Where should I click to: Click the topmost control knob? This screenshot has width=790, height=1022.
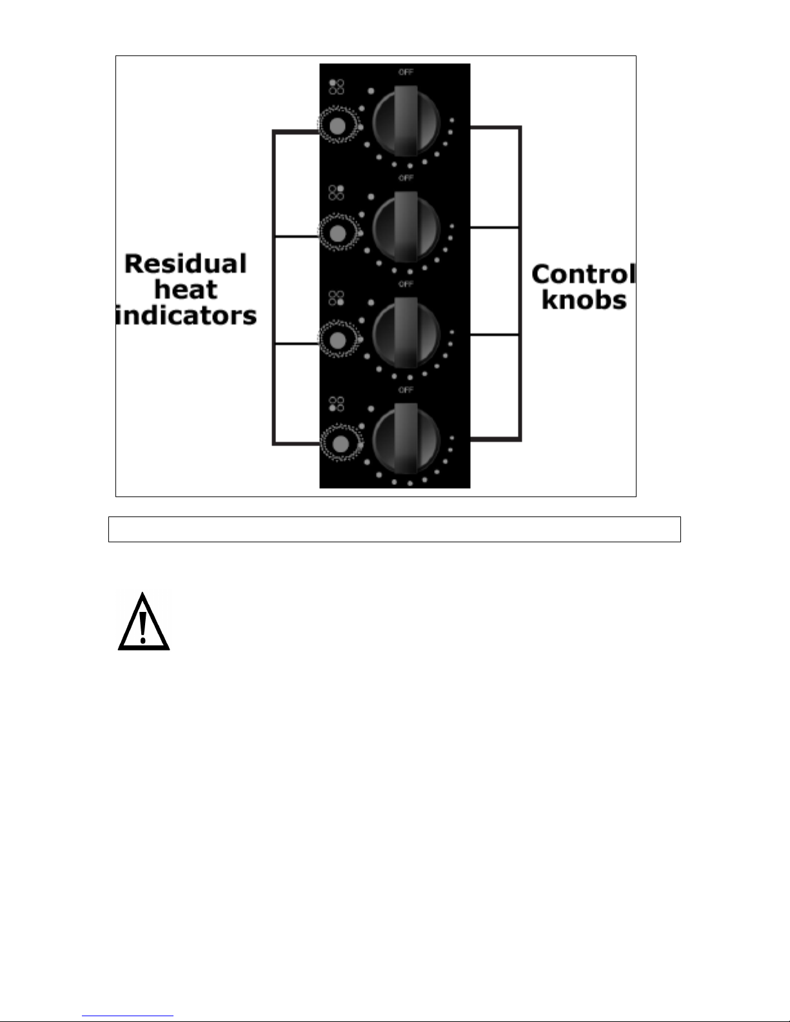pos(406,122)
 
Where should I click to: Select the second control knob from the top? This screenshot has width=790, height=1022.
pos(406,228)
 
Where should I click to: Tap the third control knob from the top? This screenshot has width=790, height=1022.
pos(406,333)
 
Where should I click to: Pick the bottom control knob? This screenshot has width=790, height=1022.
pos(406,439)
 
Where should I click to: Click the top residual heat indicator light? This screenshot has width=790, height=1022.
pos(337,125)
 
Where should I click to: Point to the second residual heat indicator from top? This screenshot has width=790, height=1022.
pos(337,233)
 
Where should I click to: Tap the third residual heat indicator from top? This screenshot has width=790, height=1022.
pos(337,340)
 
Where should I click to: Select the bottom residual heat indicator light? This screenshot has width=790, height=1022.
pos(340,444)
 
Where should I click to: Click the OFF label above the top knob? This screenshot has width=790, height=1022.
pos(406,72)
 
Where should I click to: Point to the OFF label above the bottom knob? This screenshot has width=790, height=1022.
pos(406,390)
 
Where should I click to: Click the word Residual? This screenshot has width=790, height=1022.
pos(185,263)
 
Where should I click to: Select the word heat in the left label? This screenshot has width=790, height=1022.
pos(186,290)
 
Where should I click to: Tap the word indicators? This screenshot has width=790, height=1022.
pos(186,315)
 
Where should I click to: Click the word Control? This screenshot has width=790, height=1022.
pos(584,274)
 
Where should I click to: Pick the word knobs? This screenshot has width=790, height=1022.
pos(584,300)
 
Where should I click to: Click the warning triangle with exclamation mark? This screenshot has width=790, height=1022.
pos(143,622)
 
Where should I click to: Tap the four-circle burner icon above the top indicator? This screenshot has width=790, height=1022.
pos(336,87)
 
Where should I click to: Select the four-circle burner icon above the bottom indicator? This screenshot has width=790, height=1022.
pos(336,404)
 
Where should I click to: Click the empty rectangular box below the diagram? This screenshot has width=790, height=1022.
pos(395,529)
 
